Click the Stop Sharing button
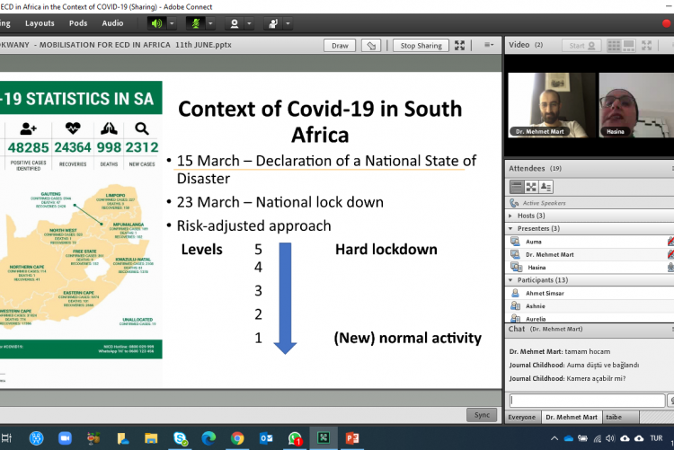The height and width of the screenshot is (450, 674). point(421,46)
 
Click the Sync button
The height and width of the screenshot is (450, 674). point(481,414)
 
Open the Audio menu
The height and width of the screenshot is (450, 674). point(112,22)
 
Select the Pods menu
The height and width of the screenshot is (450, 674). point(78,22)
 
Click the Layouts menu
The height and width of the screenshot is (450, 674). point(40,22)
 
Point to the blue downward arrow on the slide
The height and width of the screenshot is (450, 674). point(285,296)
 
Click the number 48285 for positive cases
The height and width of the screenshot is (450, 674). point(27,146)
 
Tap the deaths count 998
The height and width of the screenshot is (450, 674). point(108,146)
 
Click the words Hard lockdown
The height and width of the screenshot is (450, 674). point(386,249)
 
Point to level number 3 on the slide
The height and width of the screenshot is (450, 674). point(258,290)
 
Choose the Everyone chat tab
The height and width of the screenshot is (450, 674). point(523,417)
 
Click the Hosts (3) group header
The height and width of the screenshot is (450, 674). point(539,216)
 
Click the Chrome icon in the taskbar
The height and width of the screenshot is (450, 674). point(236,437)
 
